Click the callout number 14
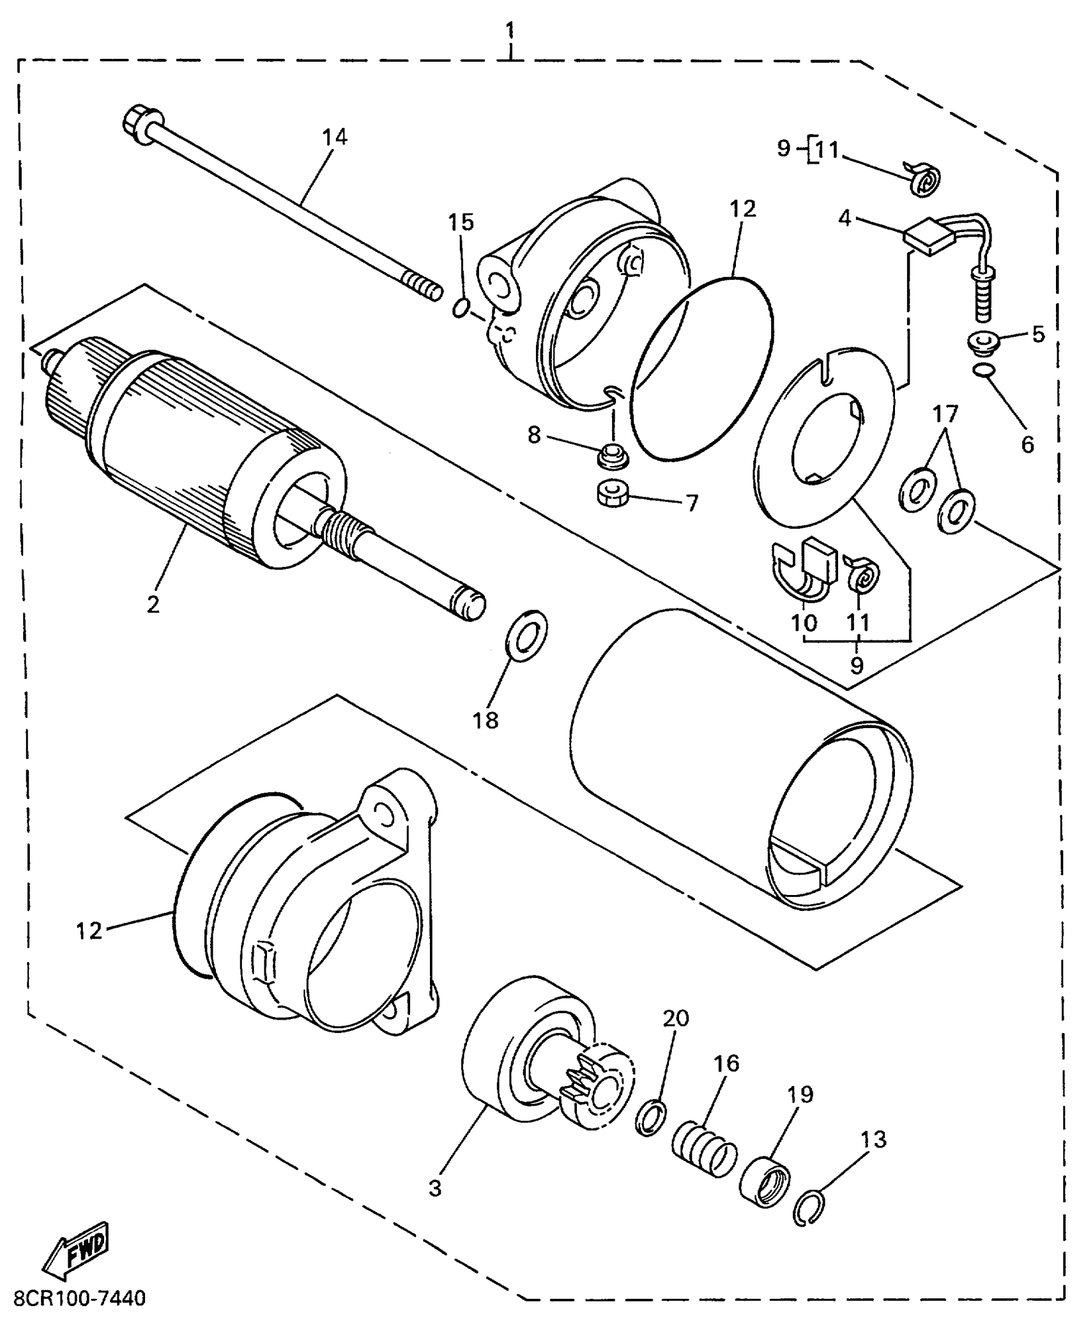coord(334,137)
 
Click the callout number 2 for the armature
coord(153,604)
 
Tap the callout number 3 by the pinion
coord(435,1188)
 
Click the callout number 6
coord(1027,444)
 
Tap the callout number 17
coord(945,414)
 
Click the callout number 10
coord(804,622)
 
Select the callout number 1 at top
coord(510,30)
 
